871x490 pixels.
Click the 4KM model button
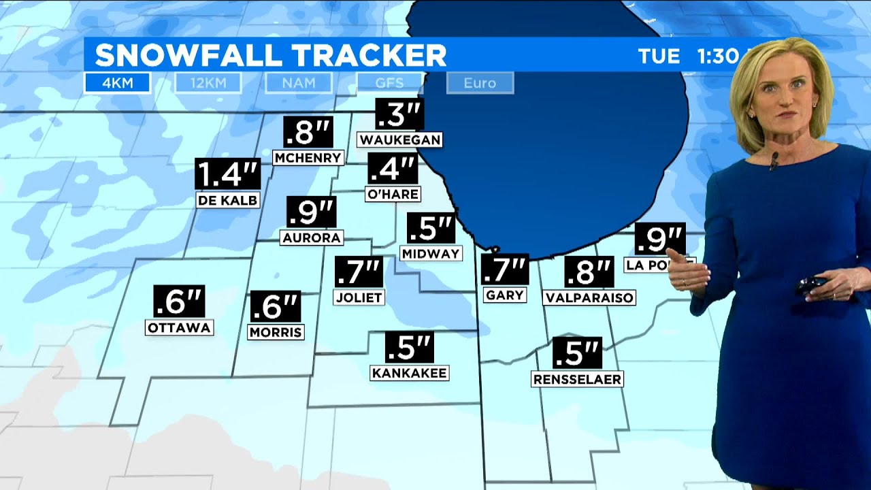[x=117, y=83]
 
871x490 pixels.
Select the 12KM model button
[x=208, y=83]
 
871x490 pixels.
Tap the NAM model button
[x=299, y=83]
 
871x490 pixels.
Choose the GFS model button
[x=389, y=83]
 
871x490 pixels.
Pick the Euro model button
[x=480, y=83]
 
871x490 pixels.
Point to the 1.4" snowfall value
[x=227, y=174]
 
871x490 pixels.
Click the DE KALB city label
[x=227, y=200]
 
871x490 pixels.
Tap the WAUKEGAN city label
[x=400, y=140]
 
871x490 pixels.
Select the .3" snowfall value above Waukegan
[x=399, y=114]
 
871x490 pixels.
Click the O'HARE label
[x=392, y=194]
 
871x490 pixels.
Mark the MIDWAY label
[x=431, y=253]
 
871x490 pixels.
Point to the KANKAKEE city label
[x=409, y=372]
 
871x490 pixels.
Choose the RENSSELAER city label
[x=577, y=379]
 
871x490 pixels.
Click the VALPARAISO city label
[x=589, y=297]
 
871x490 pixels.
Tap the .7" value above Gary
[x=505, y=269]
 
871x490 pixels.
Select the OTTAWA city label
[x=179, y=327]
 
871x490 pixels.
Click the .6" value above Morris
[x=276, y=307]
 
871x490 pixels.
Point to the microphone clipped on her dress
[x=774, y=161]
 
